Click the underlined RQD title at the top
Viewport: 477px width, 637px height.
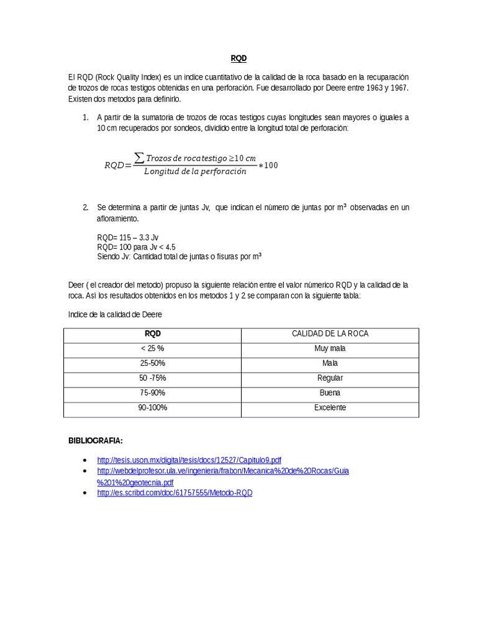click(x=238, y=58)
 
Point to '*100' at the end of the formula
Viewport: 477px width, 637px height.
click(x=268, y=165)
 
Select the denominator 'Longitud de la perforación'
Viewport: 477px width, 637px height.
click(x=194, y=172)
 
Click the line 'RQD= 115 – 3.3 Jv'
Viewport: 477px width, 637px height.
click(x=128, y=238)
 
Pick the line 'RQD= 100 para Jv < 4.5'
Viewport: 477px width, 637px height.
click(x=137, y=247)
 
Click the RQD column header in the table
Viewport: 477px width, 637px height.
click(x=152, y=334)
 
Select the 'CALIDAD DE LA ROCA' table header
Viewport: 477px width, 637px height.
click(x=330, y=334)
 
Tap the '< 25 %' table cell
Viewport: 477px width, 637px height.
click(x=152, y=348)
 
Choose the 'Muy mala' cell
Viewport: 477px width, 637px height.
click(x=330, y=348)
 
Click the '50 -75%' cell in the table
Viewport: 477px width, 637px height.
click(x=152, y=378)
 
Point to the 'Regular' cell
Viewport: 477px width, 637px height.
click(x=330, y=378)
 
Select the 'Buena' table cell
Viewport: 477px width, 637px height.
click(x=330, y=393)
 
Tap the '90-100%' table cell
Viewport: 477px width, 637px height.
click(x=152, y=408)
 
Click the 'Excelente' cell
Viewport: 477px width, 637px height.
click(x=330, y=408)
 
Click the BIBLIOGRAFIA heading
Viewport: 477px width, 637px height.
click(x=95, y=441)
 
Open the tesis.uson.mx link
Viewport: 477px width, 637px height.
click(x=189, y=460)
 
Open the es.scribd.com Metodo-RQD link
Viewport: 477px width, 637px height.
click(x=175, y=493)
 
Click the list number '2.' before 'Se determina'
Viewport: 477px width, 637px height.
click(x=86, y=207)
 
